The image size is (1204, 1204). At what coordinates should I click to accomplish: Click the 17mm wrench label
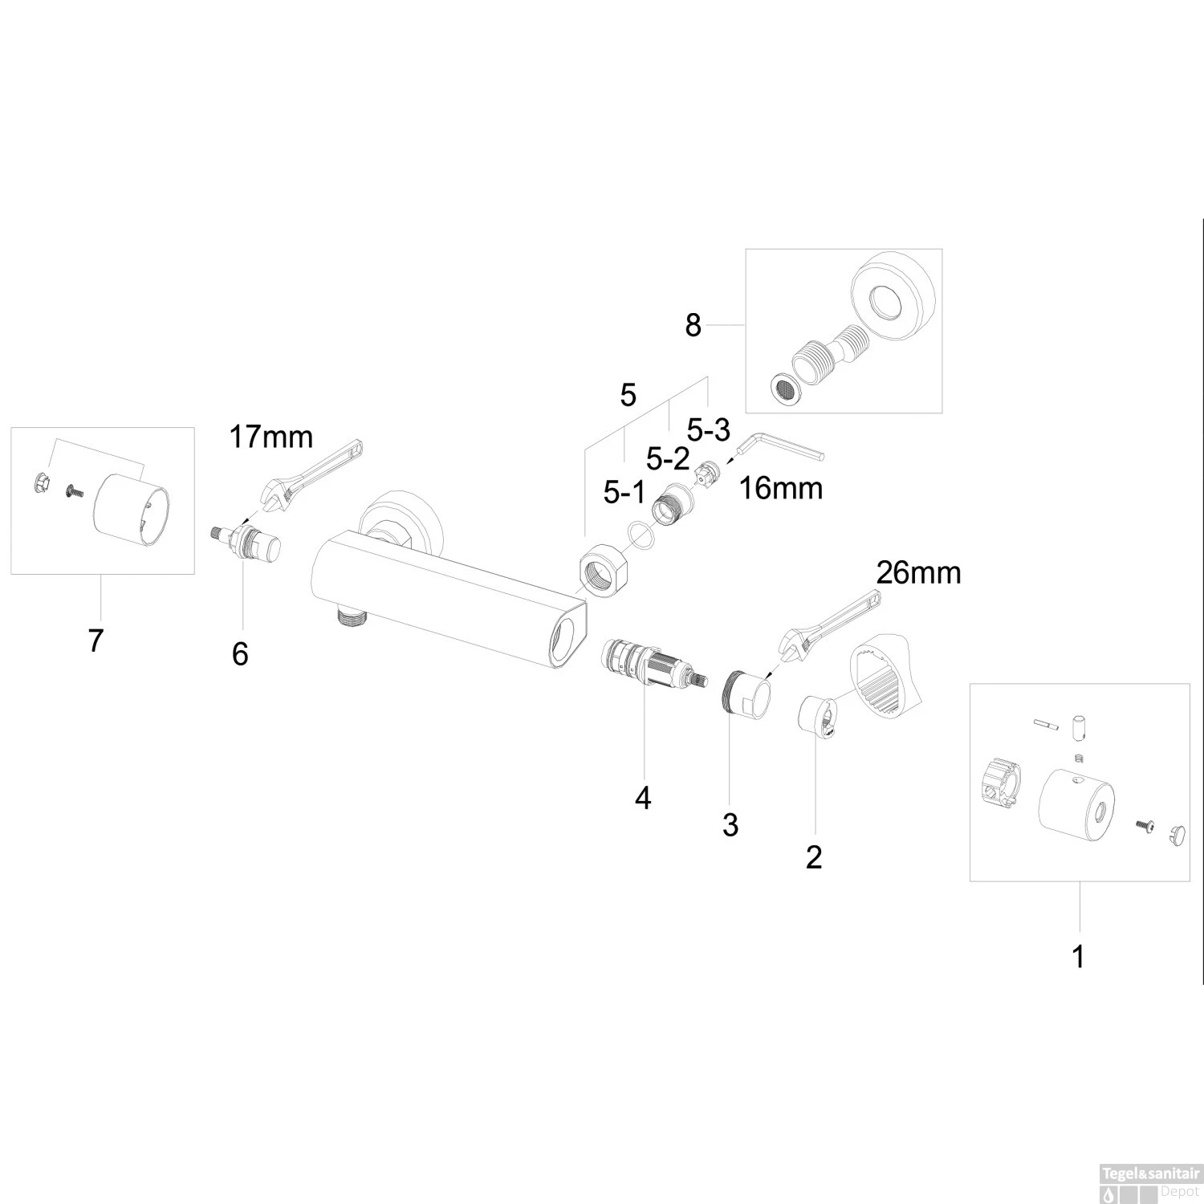(270, 437)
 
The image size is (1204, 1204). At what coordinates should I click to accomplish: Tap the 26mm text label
(918, 573)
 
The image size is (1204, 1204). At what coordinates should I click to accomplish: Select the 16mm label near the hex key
(781, 488)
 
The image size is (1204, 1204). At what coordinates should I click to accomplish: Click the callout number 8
(693, 326)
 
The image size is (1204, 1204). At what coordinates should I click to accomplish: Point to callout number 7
(96, 641)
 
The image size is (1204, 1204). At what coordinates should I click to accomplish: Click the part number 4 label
(642, 798)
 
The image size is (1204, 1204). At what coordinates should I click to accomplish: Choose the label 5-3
(708, 431)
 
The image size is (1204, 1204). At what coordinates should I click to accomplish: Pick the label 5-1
(624, 492)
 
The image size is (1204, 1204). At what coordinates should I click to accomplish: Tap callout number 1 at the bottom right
(1079, 957)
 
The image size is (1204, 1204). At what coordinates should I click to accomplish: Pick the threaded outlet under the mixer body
(350, 618)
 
